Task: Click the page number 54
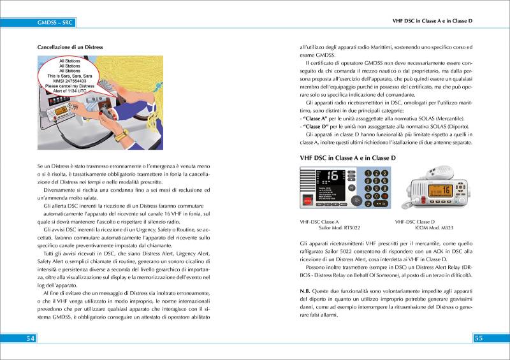(29, 338)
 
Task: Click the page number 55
(480, 338)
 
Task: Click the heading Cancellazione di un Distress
(70, 48)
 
